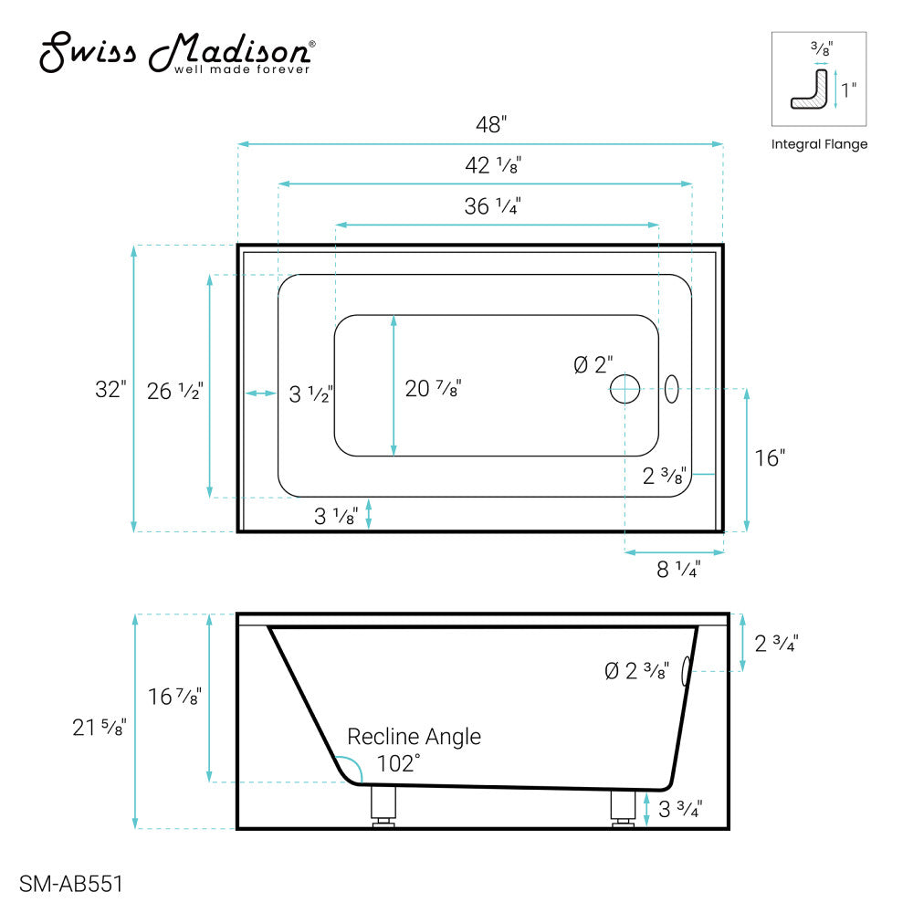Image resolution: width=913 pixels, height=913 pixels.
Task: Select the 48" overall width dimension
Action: [x=490, y=125]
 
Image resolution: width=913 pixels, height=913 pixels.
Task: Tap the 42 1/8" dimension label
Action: [x=493, y=166]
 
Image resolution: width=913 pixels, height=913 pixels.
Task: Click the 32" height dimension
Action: [x=110, y=389]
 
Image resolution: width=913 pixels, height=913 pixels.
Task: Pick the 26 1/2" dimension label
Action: [x=173, y=392]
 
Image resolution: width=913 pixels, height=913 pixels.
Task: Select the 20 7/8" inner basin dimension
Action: [x=433, y=389]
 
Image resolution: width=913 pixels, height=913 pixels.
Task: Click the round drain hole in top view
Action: [x=625, y=389]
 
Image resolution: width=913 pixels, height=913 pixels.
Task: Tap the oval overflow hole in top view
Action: [x=672, y=389]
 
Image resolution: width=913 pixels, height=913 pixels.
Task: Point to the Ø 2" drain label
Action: [x=593, y=365]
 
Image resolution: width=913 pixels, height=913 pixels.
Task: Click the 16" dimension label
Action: [x=770, y=458]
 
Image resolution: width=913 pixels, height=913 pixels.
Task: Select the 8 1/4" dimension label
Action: [x=678, y=570]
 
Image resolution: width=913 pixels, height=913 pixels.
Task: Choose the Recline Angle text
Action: [x=414, y=737]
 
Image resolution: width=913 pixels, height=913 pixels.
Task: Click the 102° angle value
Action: [x=398, y=764]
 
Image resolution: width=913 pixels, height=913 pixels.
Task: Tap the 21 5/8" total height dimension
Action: [x=100, y=728]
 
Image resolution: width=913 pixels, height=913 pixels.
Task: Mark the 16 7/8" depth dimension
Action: [x=173, y=697]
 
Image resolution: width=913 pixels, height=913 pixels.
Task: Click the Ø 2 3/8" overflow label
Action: [x=637, y=671]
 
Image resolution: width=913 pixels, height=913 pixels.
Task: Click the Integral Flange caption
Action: [x=819, y=144]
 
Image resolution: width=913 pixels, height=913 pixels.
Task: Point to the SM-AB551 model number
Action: [x=70, y=884]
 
